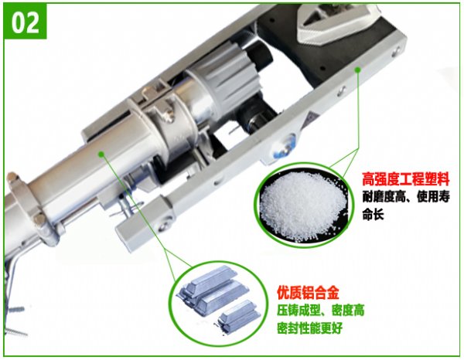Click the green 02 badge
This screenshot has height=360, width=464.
(x=25, y=22)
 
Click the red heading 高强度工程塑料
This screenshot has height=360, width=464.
(x=406, y=178)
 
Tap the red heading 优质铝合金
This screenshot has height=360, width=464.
(x=308, y=293)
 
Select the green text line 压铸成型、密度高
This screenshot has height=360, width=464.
(x=320, y=311)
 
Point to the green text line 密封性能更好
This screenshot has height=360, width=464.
(x=309, y=328)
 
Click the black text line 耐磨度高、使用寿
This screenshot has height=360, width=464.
(x=406, y=196)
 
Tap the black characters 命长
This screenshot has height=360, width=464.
(x=373, y=213)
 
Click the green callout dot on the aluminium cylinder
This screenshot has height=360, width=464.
(x=101, y=154)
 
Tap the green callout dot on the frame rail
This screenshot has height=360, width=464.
(x=357, y=70)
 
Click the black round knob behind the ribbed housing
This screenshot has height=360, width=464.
(x=261, y=56)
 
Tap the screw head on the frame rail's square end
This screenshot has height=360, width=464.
(x=164, y=224)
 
